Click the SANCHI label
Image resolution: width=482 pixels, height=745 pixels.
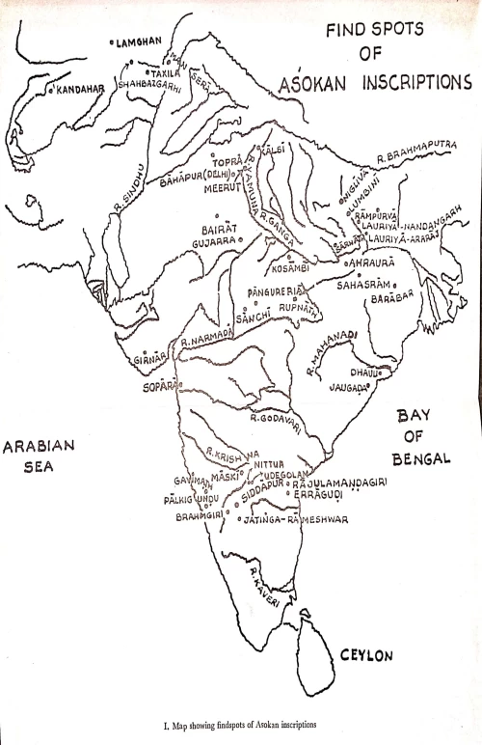point(253,317)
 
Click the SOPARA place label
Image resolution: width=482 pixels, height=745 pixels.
point(158,384)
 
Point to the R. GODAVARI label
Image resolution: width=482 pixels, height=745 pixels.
point(278,418)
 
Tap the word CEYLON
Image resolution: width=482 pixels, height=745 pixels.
point(366,655)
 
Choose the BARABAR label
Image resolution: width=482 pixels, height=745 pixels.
point(390,300)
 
